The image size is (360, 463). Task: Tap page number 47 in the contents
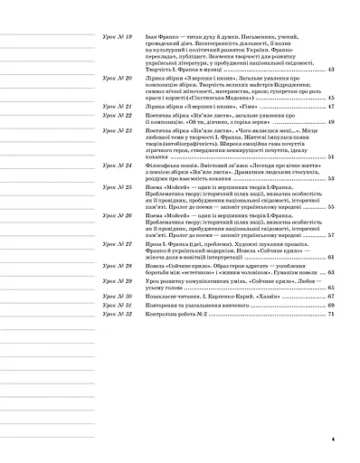tap(331, 107)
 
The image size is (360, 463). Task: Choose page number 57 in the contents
tap(331, 235)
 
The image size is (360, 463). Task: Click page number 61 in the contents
tap(331, 258)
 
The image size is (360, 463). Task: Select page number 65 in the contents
tap(331, 286)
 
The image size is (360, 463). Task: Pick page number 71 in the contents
tap(331, 314)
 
